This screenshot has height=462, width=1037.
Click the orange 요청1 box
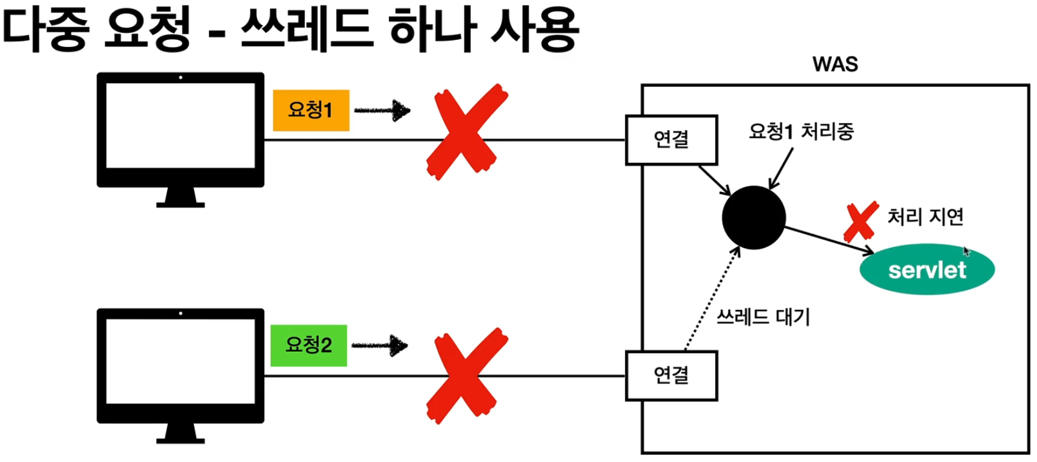(x=311, y=110)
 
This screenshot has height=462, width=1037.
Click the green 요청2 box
(x=308, y=345)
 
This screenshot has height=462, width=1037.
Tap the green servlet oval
(x=927, y=269)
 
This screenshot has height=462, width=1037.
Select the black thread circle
(x=753, y=217)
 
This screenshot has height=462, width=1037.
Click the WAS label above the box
(x=835, y=64)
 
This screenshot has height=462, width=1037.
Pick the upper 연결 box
(x=671, y=140)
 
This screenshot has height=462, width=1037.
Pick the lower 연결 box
(x=671, y=376)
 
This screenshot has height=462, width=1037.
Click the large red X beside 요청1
(x=466, y=132)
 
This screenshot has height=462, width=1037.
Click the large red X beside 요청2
(x=466, y=375)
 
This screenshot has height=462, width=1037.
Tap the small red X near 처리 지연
(x=861, y=221)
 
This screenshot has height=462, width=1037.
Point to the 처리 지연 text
(x=925, y=217)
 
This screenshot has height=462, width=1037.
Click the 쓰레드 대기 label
(x=764, y=317)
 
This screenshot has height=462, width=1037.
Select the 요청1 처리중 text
(x=801, y=131)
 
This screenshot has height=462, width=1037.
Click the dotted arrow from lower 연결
(x=711, y=300)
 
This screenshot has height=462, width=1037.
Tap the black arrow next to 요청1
(x=382, y=111)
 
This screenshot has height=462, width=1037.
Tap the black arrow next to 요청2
(x=380, y=346)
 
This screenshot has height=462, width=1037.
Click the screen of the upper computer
(x=180, y=126)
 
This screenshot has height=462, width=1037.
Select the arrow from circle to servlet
(x=829, y=240)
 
